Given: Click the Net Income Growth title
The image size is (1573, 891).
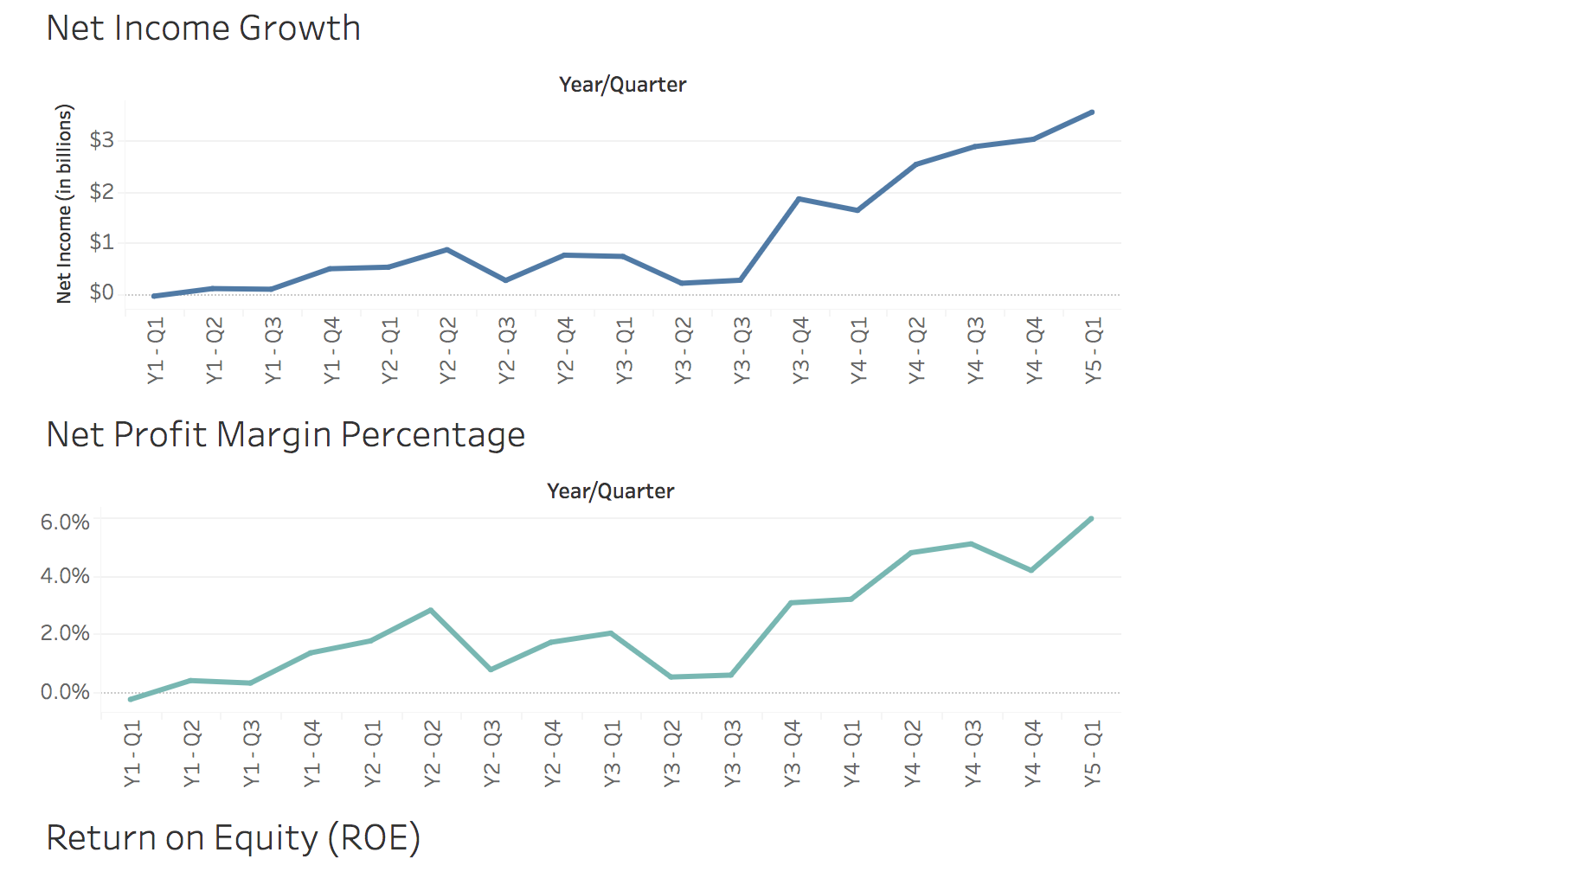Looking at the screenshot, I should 203,29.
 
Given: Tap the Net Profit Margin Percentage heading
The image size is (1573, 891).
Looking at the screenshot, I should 286,435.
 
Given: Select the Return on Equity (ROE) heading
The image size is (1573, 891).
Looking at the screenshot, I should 233,838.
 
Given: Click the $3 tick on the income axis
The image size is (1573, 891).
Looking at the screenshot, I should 101,140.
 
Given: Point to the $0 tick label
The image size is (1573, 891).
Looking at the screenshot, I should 101,293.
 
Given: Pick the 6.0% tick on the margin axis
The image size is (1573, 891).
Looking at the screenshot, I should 65,522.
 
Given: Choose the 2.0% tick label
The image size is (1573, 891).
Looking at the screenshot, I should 65,633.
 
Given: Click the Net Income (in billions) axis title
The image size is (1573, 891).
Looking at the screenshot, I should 64,204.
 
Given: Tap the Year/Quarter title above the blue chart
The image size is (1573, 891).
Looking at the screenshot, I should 622,85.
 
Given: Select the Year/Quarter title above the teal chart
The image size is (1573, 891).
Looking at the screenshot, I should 610,491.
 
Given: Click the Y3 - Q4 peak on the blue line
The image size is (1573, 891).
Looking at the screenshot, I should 799,199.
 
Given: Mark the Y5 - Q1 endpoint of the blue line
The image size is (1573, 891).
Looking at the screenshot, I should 1092,112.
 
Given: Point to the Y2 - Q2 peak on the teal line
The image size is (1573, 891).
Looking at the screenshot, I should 431,611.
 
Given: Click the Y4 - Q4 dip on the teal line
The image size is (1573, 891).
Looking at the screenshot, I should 1031,570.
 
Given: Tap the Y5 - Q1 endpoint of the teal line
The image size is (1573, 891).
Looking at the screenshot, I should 1091,519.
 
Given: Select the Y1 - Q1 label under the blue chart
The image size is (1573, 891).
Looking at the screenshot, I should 156,350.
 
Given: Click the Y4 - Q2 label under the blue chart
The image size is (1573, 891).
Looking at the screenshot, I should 916,350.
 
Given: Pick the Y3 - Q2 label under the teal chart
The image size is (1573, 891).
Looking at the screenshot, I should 672,753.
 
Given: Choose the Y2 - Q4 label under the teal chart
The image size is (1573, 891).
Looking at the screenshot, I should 552,753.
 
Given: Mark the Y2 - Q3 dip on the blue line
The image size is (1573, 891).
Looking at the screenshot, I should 506,280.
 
